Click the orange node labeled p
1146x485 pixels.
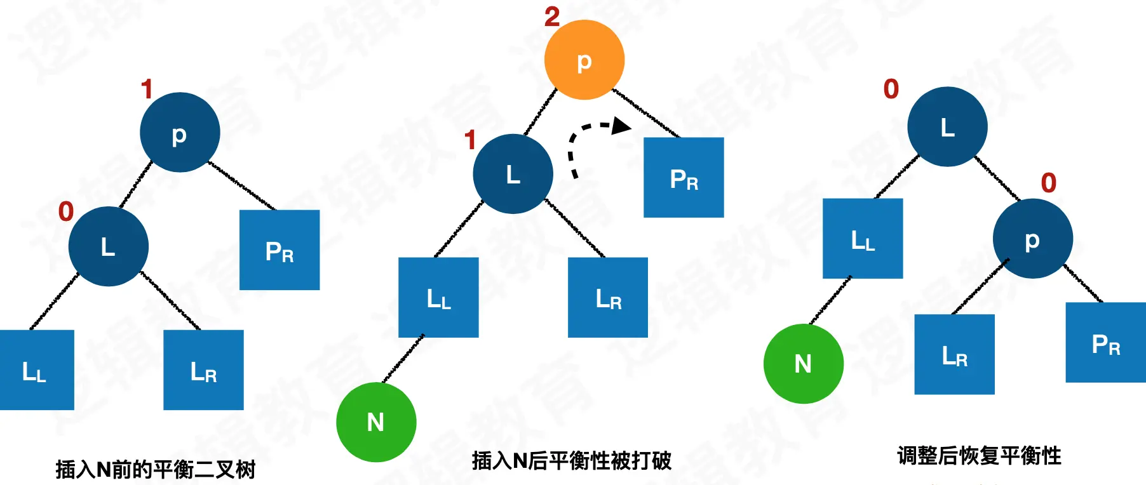click(584, 60)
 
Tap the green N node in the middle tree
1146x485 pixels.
click(376, 422)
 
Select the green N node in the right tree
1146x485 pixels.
click(803, 364)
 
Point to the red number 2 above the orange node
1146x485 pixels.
click(552, 17)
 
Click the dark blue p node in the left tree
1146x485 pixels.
click(180, 133)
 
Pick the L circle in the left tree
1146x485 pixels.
click(108, 246)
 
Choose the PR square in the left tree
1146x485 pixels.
click(280, 250)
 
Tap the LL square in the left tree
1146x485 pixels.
click(36, 370)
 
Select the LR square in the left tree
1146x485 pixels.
click(203, 370)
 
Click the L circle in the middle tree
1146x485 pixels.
click(513, 174)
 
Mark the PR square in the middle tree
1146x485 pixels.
click(684, 178)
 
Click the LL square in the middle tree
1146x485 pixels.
click(438, 297)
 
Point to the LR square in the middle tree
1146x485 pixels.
click(608, 297)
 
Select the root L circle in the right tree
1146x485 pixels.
click(947, 127)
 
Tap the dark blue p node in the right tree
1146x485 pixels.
click(1032, 239)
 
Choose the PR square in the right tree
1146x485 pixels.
click(1105, 343)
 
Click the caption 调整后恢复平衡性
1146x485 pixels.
click(979, 456)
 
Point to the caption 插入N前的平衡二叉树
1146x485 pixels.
click(156, 470)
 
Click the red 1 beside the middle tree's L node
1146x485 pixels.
click(470, 140)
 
